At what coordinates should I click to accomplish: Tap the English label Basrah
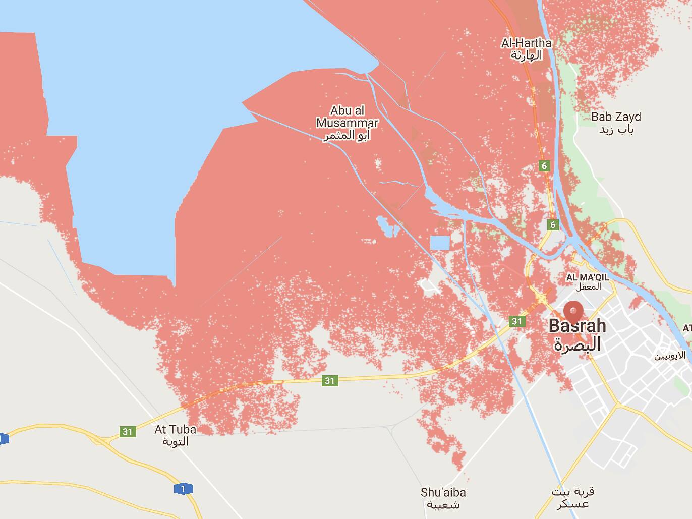pos(577,326)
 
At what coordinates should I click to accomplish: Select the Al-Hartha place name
pos(526,43)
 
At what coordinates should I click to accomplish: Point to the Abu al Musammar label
pos(347,117)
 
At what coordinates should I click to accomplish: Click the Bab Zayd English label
pos(616,117)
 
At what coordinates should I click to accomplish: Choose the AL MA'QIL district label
pos(587,277)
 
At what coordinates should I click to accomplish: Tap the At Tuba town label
pos(175,430)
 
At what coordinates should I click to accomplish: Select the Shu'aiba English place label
pos(443,492)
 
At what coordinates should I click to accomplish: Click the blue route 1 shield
pos(183,488)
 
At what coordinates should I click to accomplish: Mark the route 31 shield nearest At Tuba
pos(127,431)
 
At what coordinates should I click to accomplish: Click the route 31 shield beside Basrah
pos(516,321)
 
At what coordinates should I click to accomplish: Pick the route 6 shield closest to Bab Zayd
pos(544,166)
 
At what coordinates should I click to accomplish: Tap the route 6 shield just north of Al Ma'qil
pos(553,225)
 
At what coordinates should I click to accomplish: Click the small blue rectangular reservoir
pos(440,243)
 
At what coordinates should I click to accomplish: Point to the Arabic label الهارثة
pos(526,55)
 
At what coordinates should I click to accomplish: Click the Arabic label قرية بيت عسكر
pos(572,497)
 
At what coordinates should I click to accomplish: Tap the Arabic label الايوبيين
pos(670,356)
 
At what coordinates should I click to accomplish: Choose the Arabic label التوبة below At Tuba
pos(175,441)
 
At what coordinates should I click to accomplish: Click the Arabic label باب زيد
pos(616,130)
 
